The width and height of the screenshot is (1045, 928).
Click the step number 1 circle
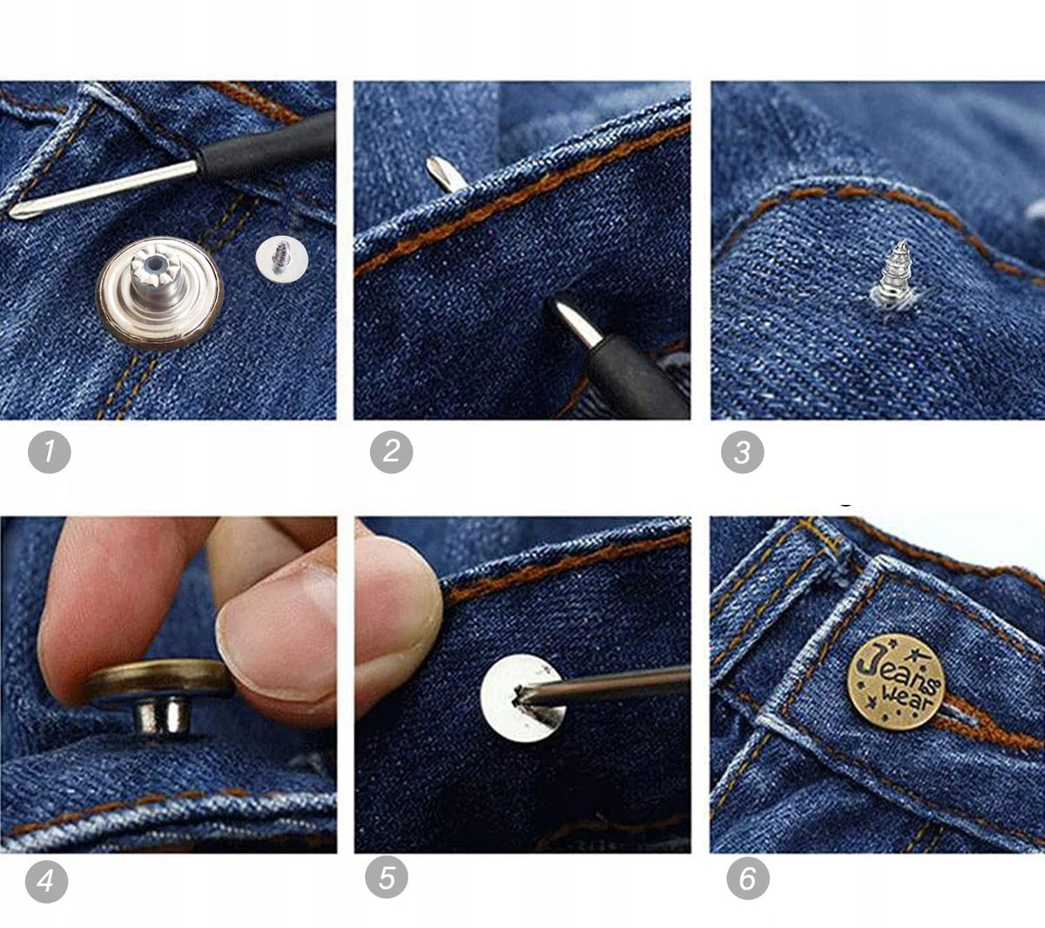click(49, 452)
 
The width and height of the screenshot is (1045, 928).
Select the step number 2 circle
click(391, 452)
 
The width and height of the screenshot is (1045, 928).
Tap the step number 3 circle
click(742, 452)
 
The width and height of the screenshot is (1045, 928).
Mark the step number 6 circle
click(748, 878)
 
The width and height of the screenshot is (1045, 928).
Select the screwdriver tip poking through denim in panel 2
click(441, 174)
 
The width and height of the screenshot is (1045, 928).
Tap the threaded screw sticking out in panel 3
click(896, 272)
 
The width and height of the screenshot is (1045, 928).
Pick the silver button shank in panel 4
click(163, 716)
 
